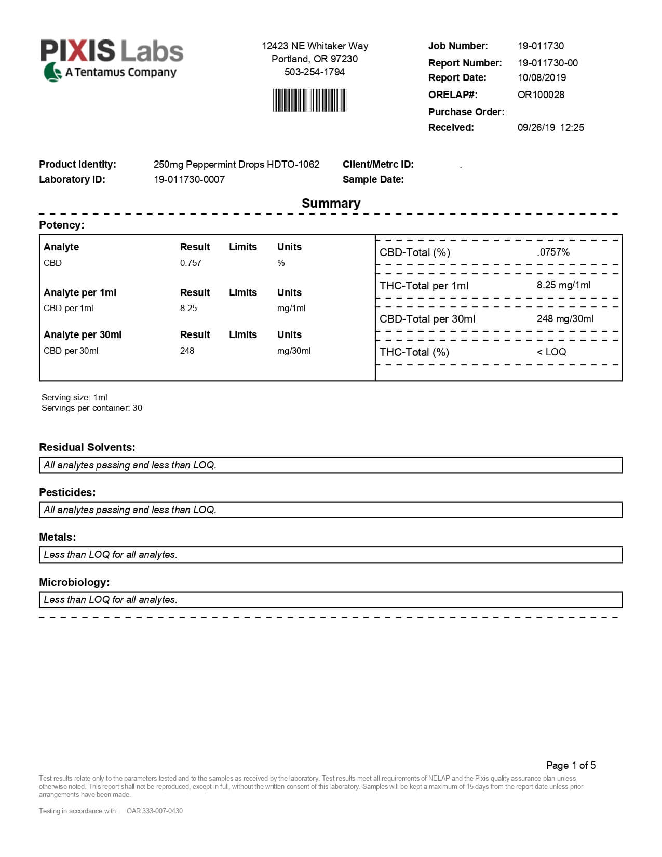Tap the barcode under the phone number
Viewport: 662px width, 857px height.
(310, 100)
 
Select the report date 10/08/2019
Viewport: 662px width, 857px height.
(542, 78)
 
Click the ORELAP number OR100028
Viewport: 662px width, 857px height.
(541, 95)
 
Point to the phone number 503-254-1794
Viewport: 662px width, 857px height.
(314, 72)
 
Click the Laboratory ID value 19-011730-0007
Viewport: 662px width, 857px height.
(189, 180)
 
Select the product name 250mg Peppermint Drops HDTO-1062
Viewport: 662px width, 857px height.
(236, 165)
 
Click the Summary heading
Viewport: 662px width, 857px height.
(331, 204)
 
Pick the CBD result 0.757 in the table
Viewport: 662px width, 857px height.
(191, 263)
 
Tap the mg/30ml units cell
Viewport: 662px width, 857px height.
(294, 351)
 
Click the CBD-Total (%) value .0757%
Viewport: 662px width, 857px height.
(553, 252)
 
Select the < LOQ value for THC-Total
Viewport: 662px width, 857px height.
(551, 352)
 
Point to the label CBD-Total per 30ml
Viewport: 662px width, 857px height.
(427, 319)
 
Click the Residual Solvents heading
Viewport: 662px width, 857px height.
(87, 447)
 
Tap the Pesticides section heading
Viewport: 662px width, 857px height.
(67, 492)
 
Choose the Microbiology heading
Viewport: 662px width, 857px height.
(74, 582)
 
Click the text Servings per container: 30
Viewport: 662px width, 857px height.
(92, 408)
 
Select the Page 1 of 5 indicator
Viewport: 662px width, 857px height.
(571, 765)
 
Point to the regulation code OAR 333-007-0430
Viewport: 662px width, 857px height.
(155, 811)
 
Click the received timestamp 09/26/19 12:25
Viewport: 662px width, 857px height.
(550, 128)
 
